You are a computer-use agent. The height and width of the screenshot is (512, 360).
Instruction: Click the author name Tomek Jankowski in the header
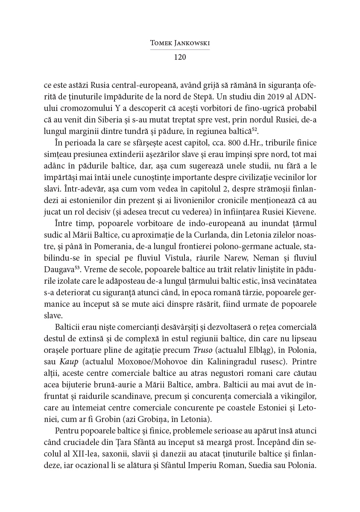point(179,43)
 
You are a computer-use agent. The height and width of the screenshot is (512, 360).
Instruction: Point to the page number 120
point(179,57)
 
